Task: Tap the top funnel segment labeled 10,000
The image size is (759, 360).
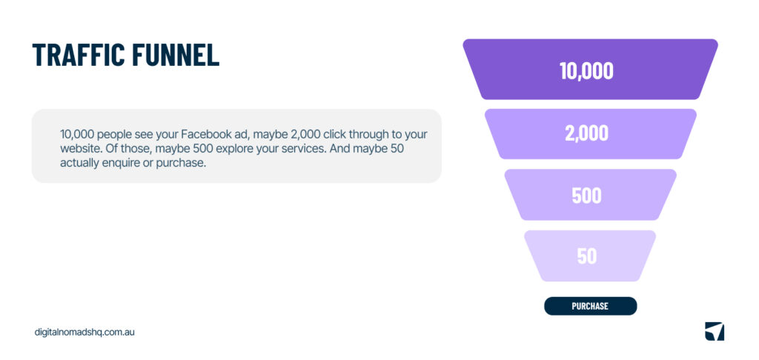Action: [586, 70]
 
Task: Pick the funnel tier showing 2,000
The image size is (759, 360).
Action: [586, 133]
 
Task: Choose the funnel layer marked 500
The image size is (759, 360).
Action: [586, 196]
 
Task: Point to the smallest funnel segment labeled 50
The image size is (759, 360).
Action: [586, 256]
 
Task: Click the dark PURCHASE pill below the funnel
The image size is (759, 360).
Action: [590, 306]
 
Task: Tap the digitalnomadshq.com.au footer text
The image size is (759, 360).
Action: [84, 333]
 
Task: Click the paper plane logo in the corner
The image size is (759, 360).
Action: [714, 332]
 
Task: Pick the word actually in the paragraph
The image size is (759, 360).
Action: [81, 163]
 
